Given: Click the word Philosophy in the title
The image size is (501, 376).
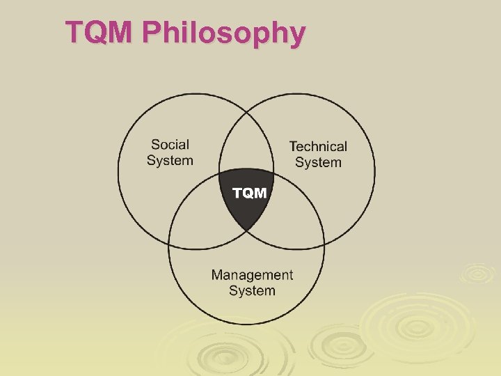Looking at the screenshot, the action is pyautogui.click(x=224, y=34).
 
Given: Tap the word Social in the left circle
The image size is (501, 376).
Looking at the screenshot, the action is pyautogui.click(x=170, y=145).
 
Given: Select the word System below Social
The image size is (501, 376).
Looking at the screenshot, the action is pyautogui.click(x=170, y=161).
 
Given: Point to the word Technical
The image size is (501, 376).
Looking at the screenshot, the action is pyautogui.click(x=318, y=146).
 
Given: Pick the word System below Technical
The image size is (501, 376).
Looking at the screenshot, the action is pyautogui.click(x=318, y=163).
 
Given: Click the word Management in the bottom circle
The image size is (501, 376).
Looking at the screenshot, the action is pyautogui.click(x=252, y=275).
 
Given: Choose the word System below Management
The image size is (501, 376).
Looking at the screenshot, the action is pyautogui.click(x=252, y=291).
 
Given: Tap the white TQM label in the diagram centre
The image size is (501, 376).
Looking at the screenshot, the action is pyautogui.click(x=249, y=193).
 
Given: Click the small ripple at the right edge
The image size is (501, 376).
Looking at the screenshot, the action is pyautogui.click(x=479, y=273).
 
